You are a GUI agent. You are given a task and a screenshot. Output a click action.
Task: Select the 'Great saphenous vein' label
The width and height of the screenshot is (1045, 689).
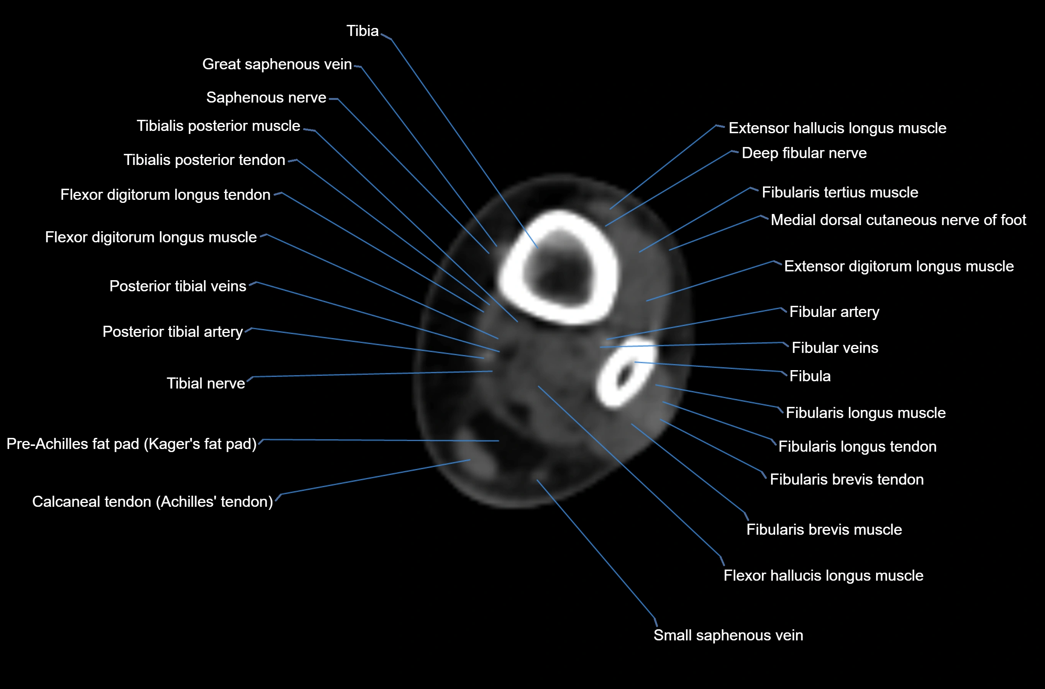[277, 65]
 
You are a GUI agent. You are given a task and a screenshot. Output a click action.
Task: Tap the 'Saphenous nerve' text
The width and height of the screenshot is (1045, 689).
[266, 98]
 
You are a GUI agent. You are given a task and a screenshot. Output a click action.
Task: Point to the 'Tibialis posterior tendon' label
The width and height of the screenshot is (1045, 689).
[204, 160]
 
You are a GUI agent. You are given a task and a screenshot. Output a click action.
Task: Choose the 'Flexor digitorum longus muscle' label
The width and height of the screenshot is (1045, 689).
[151, 237]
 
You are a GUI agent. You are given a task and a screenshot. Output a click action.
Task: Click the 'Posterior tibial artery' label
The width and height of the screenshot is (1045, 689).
[172, 332]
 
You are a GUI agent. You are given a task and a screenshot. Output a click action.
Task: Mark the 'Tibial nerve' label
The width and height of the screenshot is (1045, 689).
[205, 384]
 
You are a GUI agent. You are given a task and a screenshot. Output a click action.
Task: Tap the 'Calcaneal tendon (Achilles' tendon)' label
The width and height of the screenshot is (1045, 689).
[152, 502]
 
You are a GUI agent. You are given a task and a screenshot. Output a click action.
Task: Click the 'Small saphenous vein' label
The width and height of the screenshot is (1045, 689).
[728, 635]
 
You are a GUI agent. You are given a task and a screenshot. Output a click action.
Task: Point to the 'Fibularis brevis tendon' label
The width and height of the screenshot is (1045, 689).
[846, 479]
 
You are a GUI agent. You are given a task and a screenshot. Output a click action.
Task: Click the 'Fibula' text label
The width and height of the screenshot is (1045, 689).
[810, 376]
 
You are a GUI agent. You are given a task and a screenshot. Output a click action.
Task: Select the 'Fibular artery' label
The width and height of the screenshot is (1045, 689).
[834, 312]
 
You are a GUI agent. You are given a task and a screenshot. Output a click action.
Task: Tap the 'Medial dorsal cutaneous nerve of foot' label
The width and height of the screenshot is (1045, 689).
[898, 220]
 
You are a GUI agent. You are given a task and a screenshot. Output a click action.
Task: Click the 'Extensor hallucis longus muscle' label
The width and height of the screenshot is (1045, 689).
[837, 128]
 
